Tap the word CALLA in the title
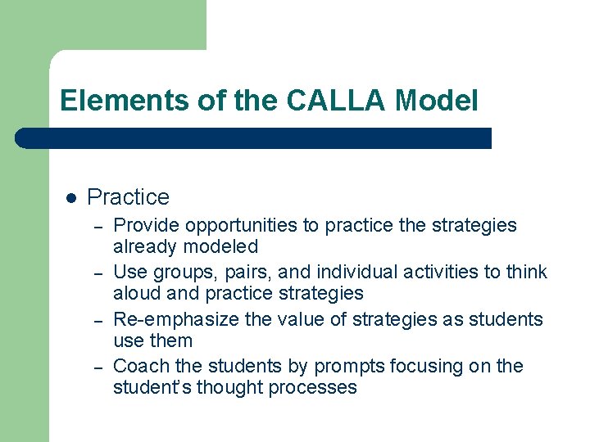[x=337, y=101]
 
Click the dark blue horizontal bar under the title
[x=254, y=138]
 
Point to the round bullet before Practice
[x=70, y=198]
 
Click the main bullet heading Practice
[x=128, y=197]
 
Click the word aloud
[x=137, y=293]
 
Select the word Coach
[x=138, y=366]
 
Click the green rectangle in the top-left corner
[x=102, y=25]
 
